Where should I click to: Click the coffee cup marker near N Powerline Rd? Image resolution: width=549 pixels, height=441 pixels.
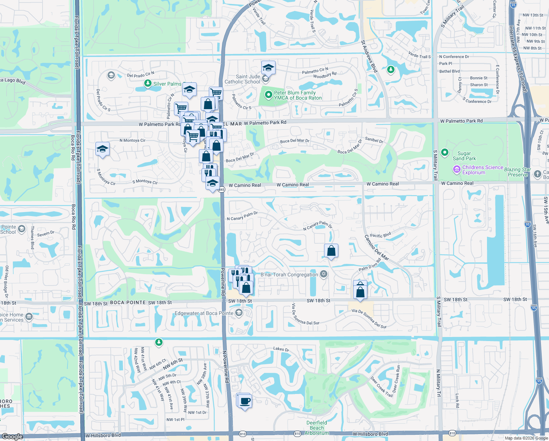click(x=244, y=401)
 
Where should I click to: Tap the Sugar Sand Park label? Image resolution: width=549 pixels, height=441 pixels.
click(x=464, y=156)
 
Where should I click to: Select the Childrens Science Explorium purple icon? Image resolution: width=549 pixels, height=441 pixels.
click(x=457, y=169)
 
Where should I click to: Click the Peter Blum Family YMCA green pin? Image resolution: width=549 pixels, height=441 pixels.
click(x=269, y=95)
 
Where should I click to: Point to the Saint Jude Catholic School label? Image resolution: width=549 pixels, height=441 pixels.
click(x=242, y=79)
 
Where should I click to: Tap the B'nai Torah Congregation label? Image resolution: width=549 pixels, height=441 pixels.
click(x=289, y=275)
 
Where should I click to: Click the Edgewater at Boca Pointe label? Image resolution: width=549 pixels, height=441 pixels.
click(x=204, y=313)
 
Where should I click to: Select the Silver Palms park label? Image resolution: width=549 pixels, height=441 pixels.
click(x=167, y=84)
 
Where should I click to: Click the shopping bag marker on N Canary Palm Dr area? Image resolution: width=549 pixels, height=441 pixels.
click(x=331, y=251)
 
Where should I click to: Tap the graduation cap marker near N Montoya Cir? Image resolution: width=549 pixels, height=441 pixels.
click(x=102, y=149)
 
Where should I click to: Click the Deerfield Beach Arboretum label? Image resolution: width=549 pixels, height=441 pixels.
click(x=317, y=428)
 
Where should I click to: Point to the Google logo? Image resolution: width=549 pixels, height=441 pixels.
click(x=12, y=437)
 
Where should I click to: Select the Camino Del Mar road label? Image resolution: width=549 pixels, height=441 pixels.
click(x=377, y=248)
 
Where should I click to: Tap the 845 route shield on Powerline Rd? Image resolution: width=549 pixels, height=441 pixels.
click(x=221, y=190)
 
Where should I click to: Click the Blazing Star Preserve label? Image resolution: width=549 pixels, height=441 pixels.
click(x=517, y=172)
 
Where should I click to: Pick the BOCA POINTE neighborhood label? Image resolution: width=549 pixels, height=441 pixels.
click(x=128, y=302)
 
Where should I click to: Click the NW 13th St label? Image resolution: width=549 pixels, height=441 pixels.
click(x=533, y=15)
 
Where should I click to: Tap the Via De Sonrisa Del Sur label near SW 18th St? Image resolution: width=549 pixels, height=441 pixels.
click(x=305, y=315)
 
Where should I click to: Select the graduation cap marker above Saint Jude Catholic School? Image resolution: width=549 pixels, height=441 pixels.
click(x=269, y=68)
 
